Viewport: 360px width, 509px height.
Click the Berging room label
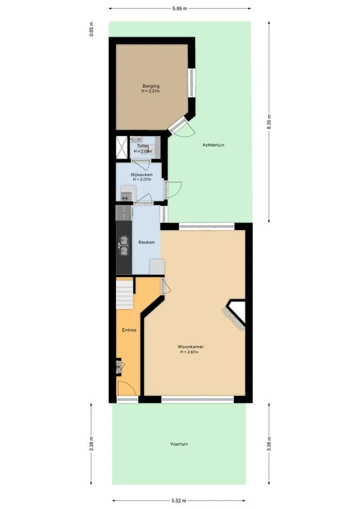(151, 86)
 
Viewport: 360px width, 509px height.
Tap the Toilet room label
(142, 146)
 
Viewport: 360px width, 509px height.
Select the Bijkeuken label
(142, 175)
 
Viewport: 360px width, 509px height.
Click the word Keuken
(147, 242)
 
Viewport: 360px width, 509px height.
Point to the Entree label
(129, 330)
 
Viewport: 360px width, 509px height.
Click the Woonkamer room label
(190, 347)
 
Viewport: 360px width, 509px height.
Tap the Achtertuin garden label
(213, 145)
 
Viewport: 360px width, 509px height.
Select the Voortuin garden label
(179, 444)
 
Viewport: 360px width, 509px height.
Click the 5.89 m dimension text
(180, 8)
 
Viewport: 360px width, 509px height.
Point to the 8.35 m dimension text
(269, 122)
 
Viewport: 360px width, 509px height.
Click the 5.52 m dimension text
(179, 501)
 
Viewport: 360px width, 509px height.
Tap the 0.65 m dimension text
(91, 29)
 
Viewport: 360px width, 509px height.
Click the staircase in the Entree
(125, 295)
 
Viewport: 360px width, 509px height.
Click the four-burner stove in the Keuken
(124, 213)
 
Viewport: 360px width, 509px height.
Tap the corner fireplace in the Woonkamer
(234, 314)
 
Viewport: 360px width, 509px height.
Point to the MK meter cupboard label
(118, 367)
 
